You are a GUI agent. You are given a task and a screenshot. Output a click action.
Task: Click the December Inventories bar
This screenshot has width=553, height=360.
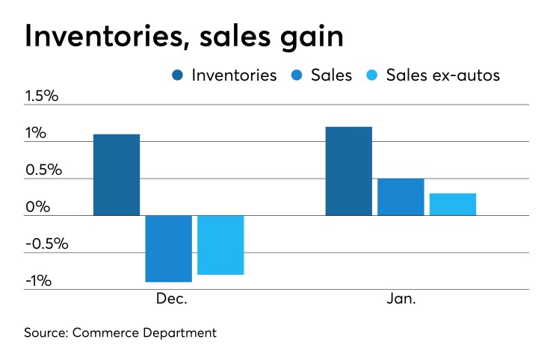117,175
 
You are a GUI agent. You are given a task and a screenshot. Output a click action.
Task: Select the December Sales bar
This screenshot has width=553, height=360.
168,248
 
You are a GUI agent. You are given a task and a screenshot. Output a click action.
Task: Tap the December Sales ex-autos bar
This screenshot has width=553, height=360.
220,245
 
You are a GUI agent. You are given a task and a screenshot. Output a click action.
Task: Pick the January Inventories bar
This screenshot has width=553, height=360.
348,171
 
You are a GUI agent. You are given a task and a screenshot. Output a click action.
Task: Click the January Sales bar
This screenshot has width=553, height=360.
401,196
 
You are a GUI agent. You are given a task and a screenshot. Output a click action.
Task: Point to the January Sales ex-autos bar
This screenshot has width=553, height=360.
453,204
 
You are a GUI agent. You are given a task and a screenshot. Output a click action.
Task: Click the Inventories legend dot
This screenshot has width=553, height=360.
179,75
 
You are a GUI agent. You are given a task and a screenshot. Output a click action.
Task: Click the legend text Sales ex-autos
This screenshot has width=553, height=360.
442,75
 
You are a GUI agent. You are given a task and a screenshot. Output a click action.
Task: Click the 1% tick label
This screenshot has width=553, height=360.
35,134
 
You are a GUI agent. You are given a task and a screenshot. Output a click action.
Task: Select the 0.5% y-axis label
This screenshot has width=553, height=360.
43,170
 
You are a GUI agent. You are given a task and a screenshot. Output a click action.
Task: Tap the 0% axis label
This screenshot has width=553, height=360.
37,207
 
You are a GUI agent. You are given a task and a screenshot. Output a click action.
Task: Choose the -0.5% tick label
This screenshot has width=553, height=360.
46,243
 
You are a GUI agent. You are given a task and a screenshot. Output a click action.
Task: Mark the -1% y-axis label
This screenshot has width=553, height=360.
38,281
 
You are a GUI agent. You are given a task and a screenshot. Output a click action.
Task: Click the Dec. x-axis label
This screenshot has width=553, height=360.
171,299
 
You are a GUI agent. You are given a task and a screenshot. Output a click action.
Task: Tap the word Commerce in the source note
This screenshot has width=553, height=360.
103,332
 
